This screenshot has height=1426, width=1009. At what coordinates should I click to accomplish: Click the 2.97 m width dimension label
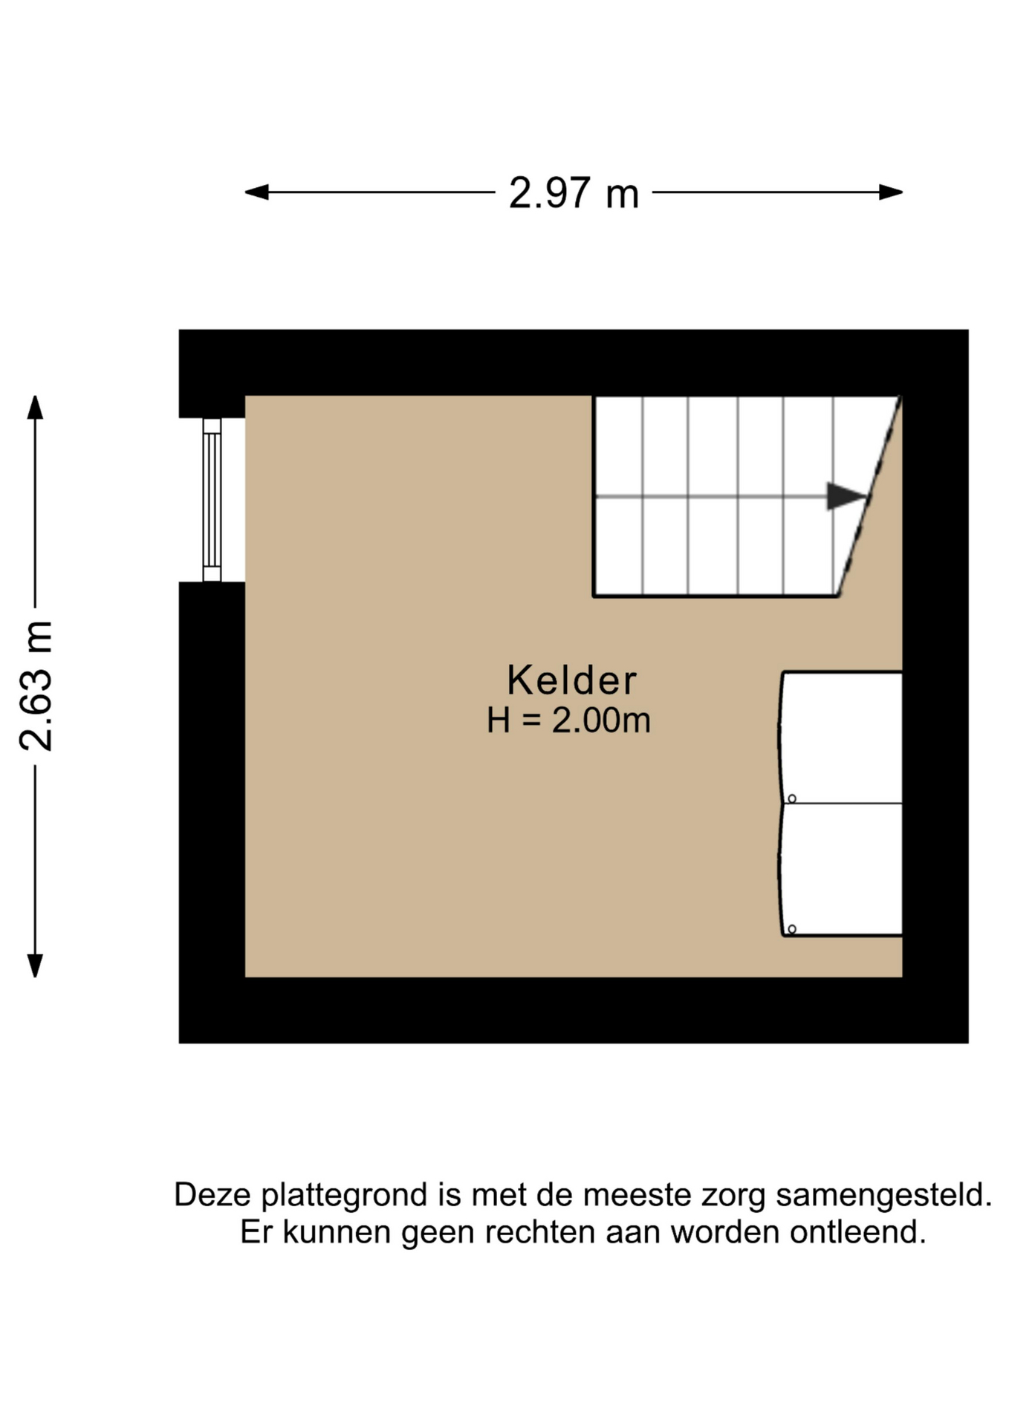[574, 193]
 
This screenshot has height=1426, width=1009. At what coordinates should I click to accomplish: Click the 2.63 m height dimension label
[36, 686]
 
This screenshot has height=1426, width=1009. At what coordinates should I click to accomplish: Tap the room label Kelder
[571, 680]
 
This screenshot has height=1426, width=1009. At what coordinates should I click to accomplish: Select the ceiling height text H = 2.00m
[568, 720]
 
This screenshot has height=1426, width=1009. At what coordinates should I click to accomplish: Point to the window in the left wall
[212, 500]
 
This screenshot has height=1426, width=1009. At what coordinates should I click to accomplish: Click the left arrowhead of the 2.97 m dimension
[256, 192]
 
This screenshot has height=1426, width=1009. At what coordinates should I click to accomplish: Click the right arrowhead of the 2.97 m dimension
[891, 192]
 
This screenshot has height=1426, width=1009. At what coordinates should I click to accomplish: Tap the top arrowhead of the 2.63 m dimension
[35, 407]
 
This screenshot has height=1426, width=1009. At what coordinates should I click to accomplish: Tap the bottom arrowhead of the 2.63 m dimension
[35, 966]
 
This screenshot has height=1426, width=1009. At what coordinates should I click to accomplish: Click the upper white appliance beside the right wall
[841, 738]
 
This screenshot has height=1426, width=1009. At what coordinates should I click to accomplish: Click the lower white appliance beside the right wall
[841, 870]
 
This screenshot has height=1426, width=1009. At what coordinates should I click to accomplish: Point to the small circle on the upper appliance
[792, 798]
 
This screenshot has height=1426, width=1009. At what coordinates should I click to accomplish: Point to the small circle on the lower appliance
[792, 929]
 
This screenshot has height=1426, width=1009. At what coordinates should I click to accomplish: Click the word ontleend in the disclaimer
[858, 1232]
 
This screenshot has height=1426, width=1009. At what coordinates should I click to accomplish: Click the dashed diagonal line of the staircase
[869, 496]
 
